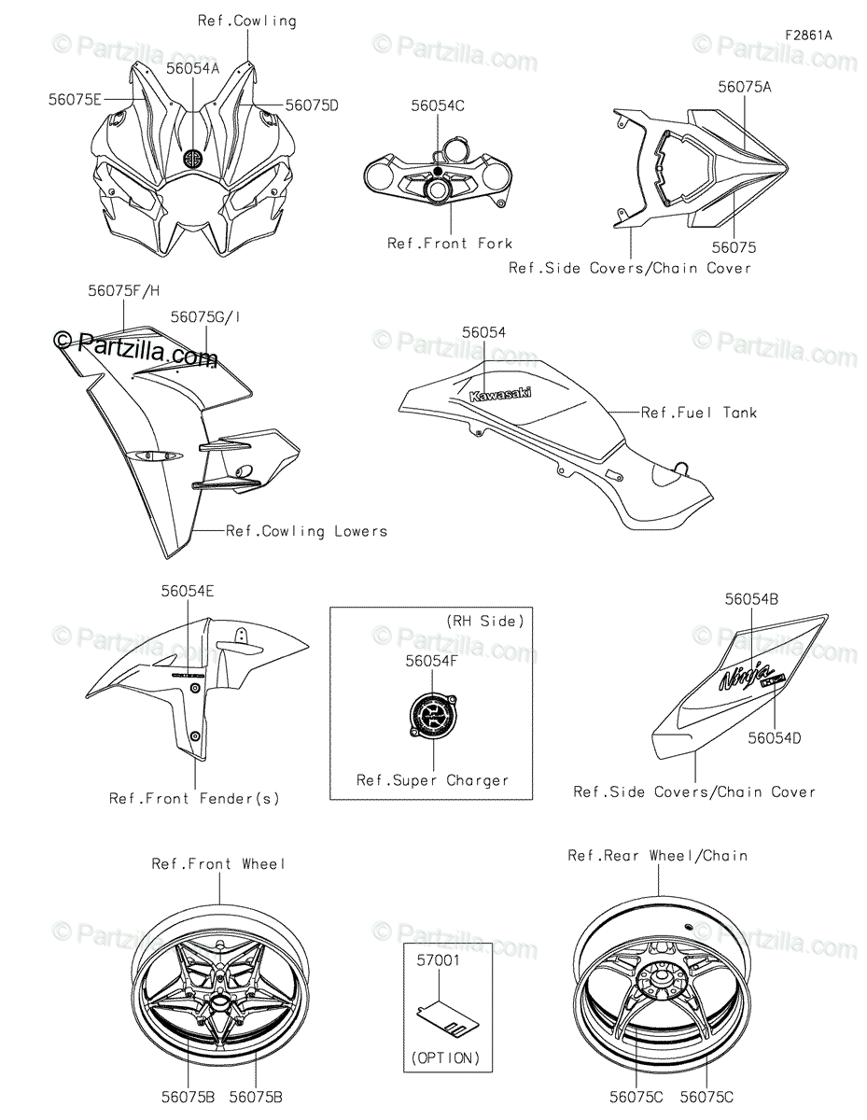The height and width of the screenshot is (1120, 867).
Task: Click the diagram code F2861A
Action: [x=808, y=36]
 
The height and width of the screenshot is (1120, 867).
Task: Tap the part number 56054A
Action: [x=193, y=68]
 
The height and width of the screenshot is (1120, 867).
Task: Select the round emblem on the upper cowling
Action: [x=193, y=158]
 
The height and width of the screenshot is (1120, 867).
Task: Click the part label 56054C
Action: [x=438, y=105]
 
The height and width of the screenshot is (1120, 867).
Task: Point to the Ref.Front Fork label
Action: [x=450, y=244]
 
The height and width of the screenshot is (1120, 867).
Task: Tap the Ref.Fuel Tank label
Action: [x=699, y=413]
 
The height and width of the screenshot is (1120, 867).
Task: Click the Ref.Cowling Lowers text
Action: [x=306, y=531]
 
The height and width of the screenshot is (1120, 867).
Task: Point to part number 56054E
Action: [x=188, y=591]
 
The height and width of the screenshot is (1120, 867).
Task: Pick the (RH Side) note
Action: [x=484, y=621]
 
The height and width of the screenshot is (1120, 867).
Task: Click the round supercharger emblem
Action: [x=432, y=717]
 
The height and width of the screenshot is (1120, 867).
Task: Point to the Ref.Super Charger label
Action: [x=432, y=780]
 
